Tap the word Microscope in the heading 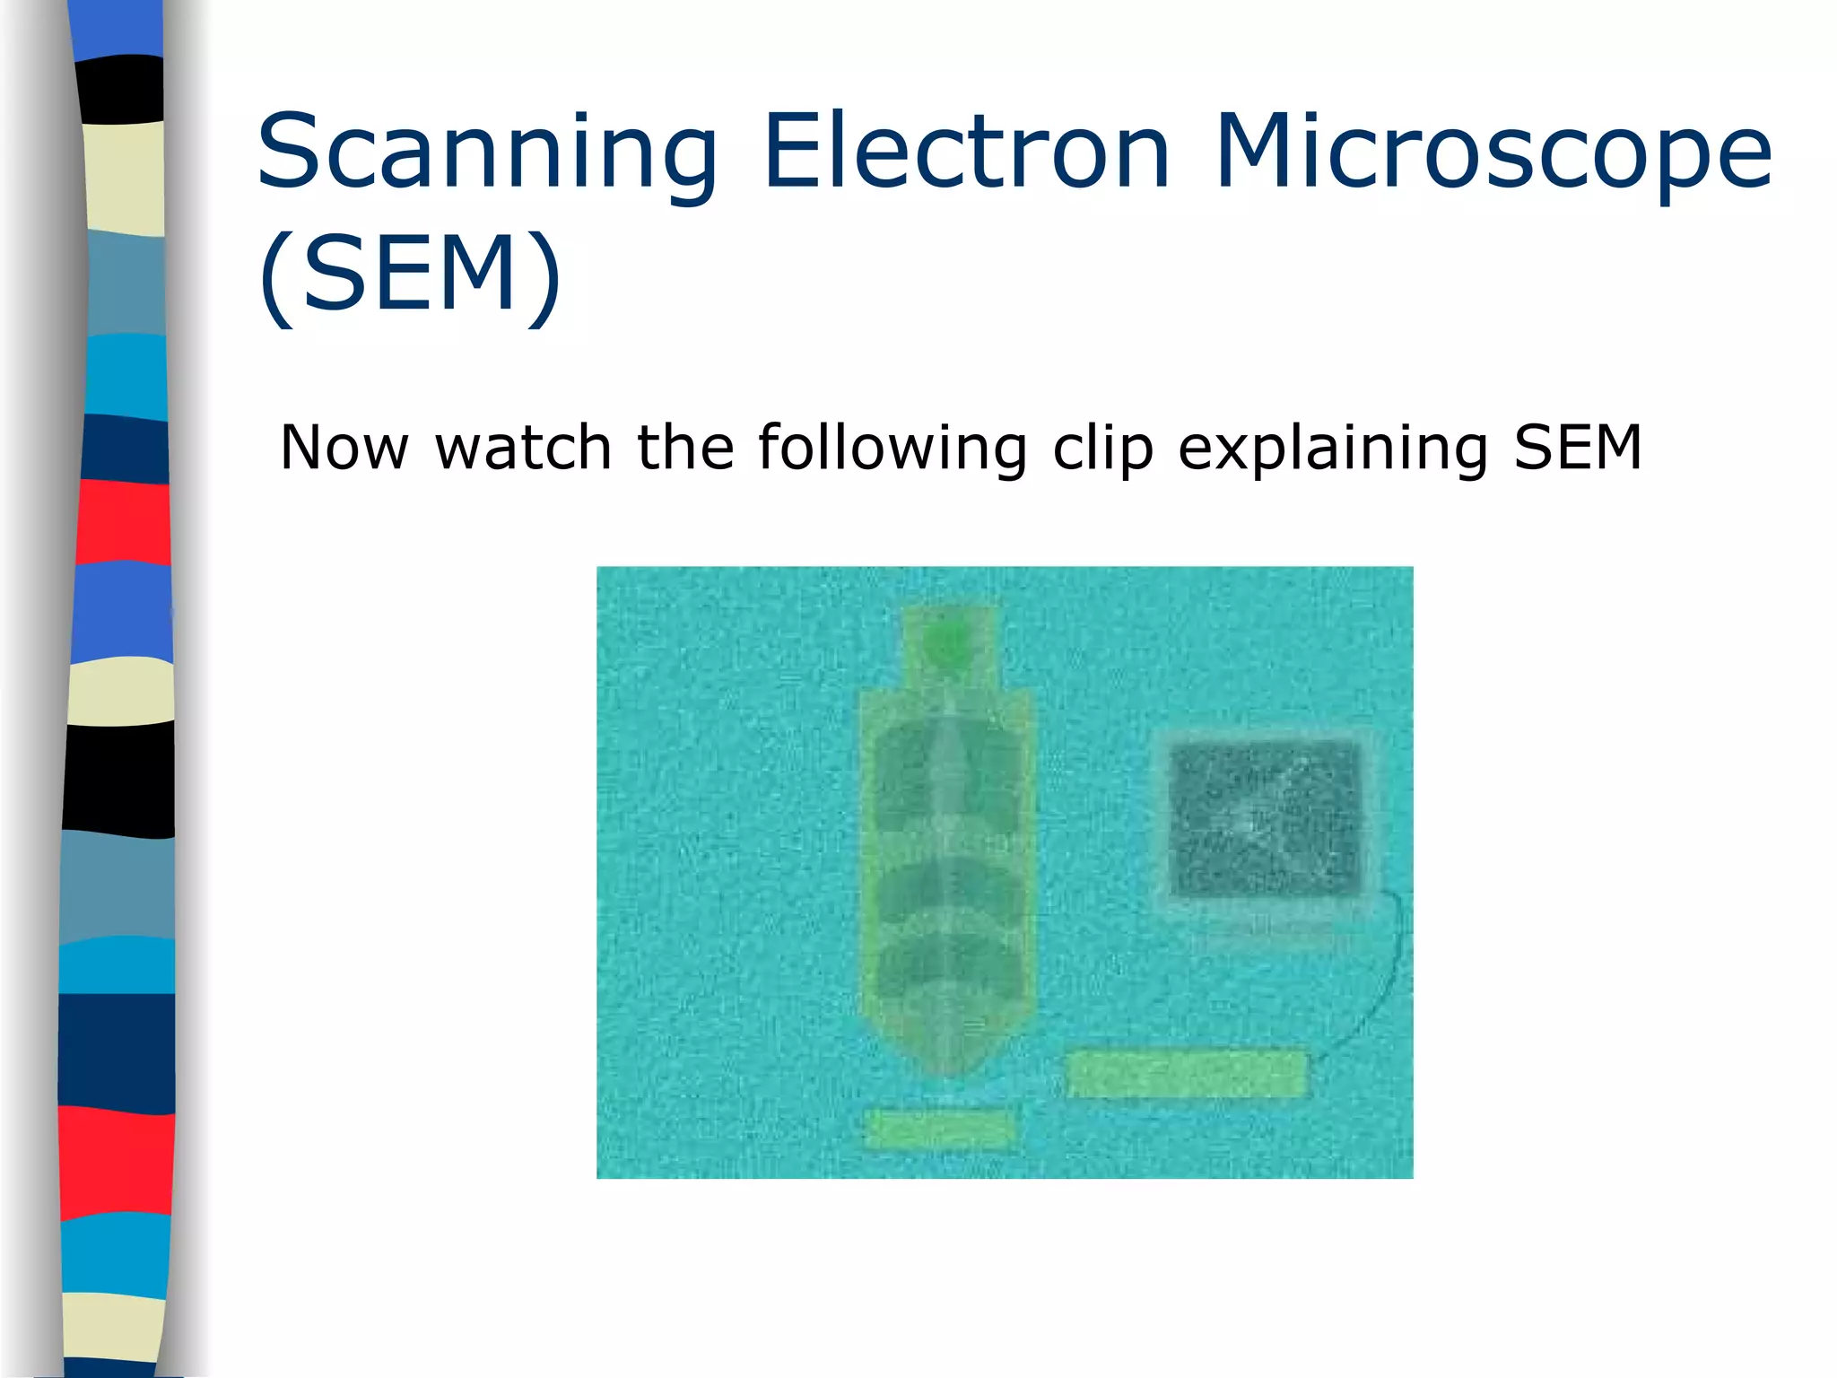tap(1493, 153)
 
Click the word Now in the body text tap(344, 448)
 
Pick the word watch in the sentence tap(523, 448)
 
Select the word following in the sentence tap(892, 449)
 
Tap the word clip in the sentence tap(1102, 449)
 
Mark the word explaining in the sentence tap(1333, 449)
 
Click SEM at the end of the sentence tap(1578, 448)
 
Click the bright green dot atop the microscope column tap(946, 642)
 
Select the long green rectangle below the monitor tap(1187, 1073)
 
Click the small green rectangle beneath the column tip tap(938, 1129)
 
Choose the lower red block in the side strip tap(117, 1162)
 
